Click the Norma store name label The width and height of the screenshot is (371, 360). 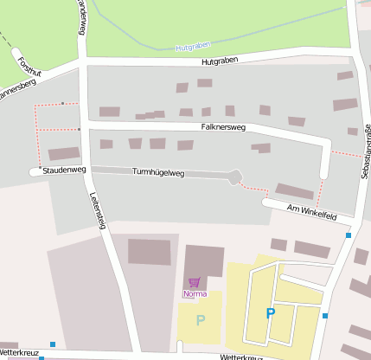195,294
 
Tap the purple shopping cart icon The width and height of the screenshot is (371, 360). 194,282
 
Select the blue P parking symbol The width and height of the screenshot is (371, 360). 270,313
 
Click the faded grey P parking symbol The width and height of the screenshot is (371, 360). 201,320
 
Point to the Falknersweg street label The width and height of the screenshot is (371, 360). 223,127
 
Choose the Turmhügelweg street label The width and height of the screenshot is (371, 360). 158,173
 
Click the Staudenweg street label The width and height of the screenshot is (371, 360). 65,171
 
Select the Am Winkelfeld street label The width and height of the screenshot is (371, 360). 311,211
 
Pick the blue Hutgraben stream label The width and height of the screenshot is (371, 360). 193,46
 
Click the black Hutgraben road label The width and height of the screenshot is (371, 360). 219,61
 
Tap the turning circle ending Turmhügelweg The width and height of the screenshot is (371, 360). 235,177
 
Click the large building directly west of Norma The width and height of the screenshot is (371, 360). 150,252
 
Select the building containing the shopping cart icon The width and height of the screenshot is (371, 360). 204,264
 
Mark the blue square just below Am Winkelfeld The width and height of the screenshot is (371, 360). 349,235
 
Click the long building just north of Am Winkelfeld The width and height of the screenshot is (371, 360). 295,191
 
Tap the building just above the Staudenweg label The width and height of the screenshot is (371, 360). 63,154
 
